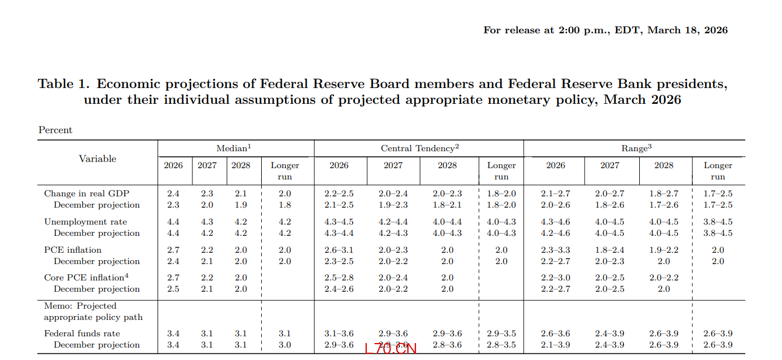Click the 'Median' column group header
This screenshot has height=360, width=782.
233,148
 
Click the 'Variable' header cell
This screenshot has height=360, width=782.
98,159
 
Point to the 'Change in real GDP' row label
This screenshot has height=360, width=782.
86,194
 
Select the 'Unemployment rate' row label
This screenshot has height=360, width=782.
86,222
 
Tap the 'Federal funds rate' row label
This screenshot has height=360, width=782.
82,333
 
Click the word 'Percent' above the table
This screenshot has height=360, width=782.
55,130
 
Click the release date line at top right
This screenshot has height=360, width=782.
605,30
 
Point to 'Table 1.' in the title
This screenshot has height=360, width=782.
64,84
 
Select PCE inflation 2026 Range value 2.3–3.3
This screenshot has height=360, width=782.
555,250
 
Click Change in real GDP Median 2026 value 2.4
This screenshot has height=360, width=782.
173,194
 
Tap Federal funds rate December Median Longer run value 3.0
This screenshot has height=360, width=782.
285,345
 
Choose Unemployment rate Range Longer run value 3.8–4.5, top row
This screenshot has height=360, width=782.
718,222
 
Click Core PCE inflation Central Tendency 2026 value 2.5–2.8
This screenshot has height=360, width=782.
339,278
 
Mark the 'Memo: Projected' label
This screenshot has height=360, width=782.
80,306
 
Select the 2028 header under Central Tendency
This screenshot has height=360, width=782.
447,165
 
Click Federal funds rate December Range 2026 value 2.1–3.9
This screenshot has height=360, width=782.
555,345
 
